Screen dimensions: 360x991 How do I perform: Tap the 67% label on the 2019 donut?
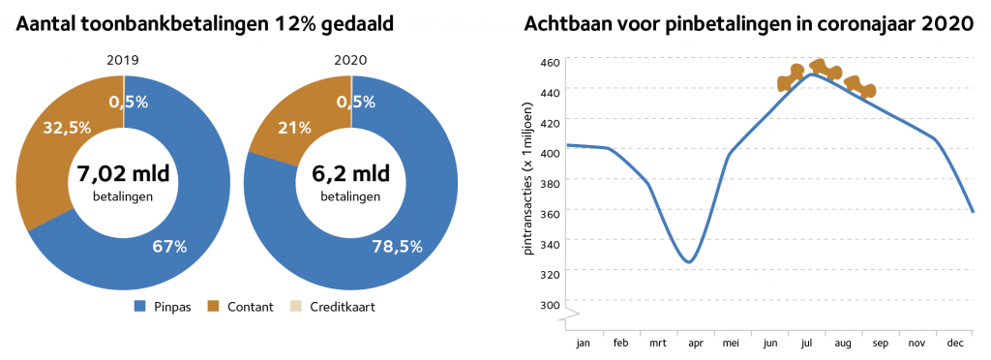pyautogui.click(x=168, y=247)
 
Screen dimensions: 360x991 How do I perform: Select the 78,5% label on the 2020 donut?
pyautogui.click(x=397, y=247)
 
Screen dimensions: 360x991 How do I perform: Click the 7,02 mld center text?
pyautogui.click(x=124, y=175)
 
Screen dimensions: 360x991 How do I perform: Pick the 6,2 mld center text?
pyautogui.click(x=351, y=175)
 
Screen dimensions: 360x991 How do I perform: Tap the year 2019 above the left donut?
pyautogui.click(x=124, y=61)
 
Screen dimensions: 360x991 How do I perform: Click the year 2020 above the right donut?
pyautogui.click(x=350, y=61)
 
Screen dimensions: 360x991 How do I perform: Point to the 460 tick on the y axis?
pyautogui.click(x=550, y=63)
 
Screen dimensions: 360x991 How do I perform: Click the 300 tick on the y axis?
pyautogui.click(x=550, y=305)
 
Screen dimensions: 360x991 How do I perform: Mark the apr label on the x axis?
pyautogui.click(x=695, y=343)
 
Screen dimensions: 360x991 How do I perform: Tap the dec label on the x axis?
pyautogui.click(x=953, y=343)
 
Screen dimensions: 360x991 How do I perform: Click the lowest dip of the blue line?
pyautogui.click(x=688, y=262)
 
